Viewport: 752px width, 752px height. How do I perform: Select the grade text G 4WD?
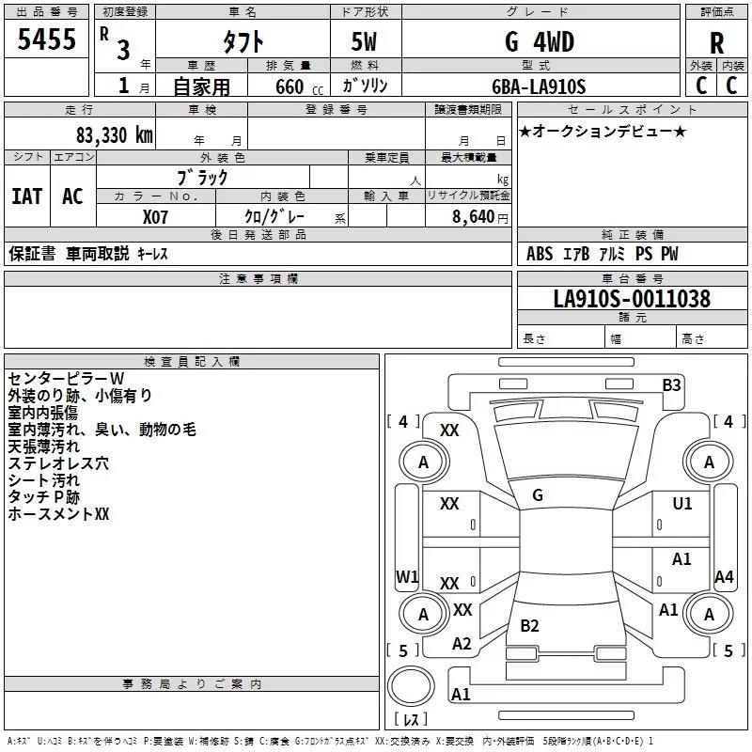coord(540,42)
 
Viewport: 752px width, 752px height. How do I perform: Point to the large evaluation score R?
coord(716,43)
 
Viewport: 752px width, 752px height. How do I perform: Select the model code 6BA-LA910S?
coord(539,87)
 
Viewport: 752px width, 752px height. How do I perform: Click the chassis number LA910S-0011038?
coord(631,300)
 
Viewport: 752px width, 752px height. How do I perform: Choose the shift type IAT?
coord(26,196)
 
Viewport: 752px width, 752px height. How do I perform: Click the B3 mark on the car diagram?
coord(671,384)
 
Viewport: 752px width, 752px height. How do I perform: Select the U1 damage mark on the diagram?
coord(681,504)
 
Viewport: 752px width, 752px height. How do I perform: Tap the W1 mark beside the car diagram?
coord(407,576)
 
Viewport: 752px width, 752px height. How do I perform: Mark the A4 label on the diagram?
coord(723,577)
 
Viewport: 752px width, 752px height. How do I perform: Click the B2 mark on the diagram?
coord(529,625)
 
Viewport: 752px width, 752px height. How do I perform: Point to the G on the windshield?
coord(538,495)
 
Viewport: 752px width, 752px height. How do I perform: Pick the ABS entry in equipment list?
coord(540,254)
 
